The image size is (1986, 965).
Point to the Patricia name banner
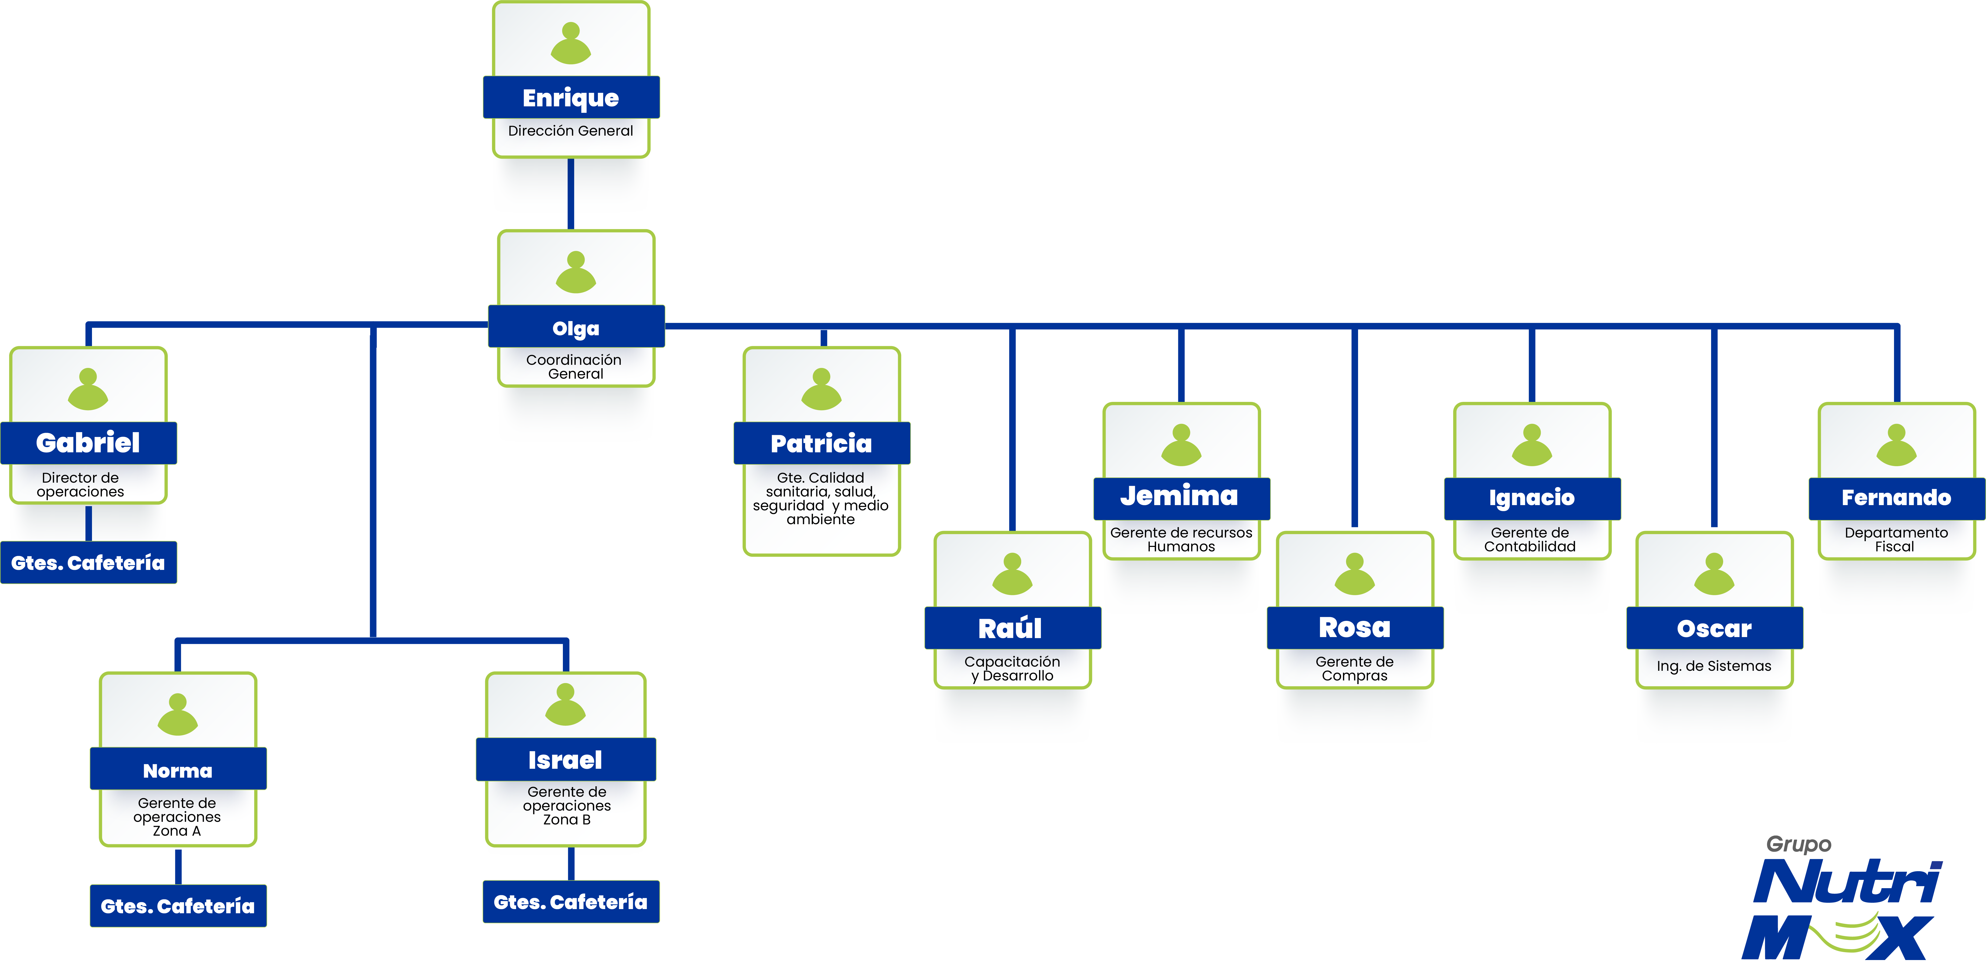point(821,443)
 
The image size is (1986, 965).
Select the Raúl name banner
point(1012,628)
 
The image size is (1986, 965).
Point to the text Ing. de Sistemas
point(1714,666)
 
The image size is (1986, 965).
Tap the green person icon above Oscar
point(1714,574)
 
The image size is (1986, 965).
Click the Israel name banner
point(565,760)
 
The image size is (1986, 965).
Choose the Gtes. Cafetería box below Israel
point(570,902)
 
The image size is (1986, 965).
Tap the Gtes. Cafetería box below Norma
point(178,906)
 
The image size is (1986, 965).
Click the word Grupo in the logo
point(1799,845)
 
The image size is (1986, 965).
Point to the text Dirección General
point(570,131)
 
